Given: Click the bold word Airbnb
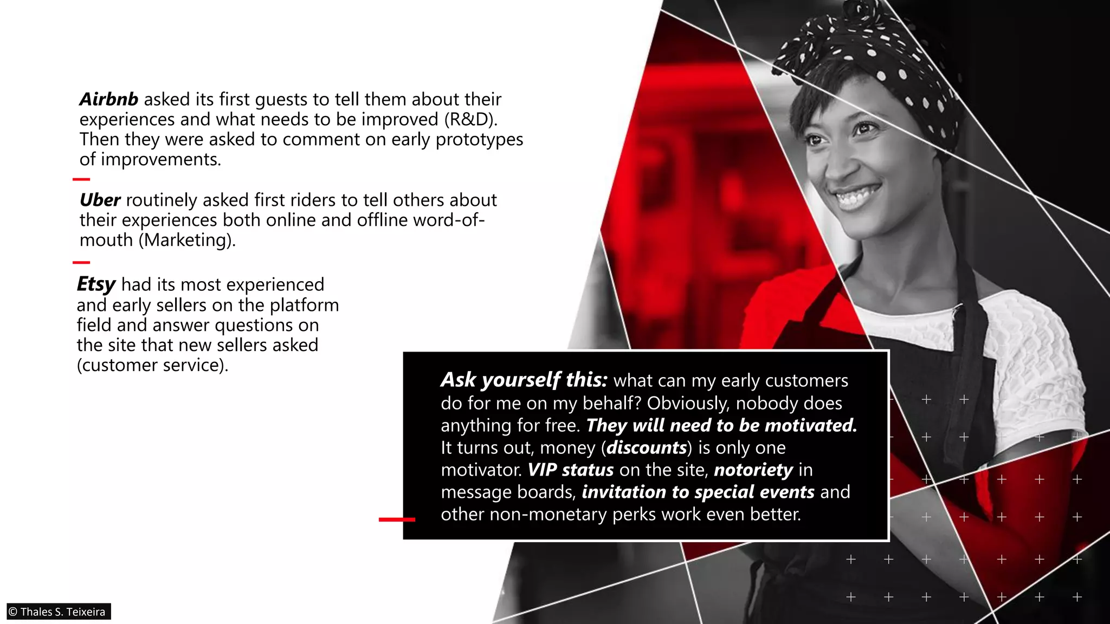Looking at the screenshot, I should coord(108,100).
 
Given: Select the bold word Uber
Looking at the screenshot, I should coord(100,200).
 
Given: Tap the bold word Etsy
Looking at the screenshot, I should coord(96,284).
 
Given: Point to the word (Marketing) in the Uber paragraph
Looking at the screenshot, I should coord(187,240).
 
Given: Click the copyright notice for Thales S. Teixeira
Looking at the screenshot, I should coord(57,612).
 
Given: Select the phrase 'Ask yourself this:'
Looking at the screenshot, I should coord(524,380).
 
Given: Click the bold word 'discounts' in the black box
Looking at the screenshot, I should coord(647,448).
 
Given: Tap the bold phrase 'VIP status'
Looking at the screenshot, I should coord(571,470).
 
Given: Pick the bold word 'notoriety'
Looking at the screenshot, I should coord(753,470).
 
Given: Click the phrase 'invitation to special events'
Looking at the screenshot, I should coord(698,492).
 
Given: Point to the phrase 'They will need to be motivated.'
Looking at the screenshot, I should coord(721,426).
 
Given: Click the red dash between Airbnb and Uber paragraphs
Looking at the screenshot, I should coord(81,179).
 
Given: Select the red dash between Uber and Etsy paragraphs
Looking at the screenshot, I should coord(81,263).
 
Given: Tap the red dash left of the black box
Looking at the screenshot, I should coord(397,519).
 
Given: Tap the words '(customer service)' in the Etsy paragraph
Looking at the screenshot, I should coord(152,366).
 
